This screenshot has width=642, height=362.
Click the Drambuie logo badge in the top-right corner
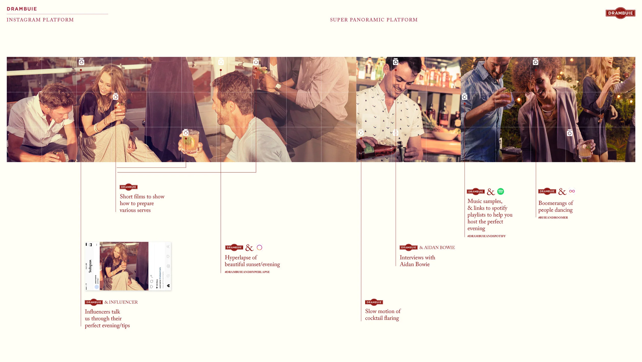pyautogui.click(x=620, y=13)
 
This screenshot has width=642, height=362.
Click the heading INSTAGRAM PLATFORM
pyautogui.click(x=40, y=20)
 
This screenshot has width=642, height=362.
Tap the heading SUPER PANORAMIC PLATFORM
pyautogui.click(x=374, y=20)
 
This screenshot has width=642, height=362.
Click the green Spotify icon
pyautogui.click(x=501, y=191)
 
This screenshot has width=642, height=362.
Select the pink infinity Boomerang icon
pyautogui.click(x=572, y=191)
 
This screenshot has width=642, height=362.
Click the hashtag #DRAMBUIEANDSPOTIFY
pyautogui.click(x=486, y=236)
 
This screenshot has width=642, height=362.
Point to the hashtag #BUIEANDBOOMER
pyautogui.click(x=553, y=218)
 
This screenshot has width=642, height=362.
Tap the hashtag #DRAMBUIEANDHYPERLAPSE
pyautogui.click(x=247, y=272)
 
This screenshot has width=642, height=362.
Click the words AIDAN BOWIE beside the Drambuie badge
pyautogui.click(x=439, y=248)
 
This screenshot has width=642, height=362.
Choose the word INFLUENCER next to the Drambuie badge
pyautogui.click(x=123, y=302)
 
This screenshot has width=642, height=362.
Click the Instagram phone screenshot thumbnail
pyautogui.click(x=128, y=266)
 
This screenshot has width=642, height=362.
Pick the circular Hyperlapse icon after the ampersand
pyautogui.click(x=259, y=248)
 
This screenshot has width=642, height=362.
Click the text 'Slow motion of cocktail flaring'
pyautogui.click(x=382, y=315)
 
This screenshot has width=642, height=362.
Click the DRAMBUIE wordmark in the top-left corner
pyautogui.click(x=22, y=9)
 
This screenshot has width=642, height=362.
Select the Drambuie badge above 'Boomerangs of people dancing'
pyautogui.click(x=547, y=191)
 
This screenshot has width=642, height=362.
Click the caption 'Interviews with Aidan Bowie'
pyautogui.click(x=417, y=261)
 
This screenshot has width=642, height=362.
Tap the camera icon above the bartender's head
pyautogui.click(x=395, y=62)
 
